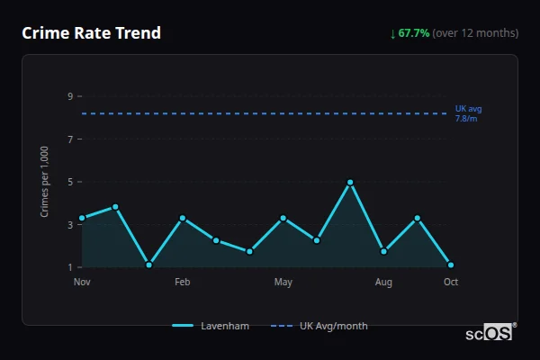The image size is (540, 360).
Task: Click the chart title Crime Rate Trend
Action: pos(91,33)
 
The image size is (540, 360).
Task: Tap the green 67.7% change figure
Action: pos(415,33)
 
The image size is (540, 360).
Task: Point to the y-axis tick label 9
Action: pos(69,96)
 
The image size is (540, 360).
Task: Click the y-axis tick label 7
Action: pos(69,139)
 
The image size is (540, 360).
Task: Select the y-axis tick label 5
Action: pos(69,182)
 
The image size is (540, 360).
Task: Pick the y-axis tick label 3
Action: pos(69,225)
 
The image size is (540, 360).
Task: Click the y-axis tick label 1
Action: pos(69,267)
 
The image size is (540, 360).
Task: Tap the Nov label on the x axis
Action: pos(82,283)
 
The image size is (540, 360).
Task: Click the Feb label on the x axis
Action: pos(183,283)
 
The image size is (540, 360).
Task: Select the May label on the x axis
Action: pos(283,283)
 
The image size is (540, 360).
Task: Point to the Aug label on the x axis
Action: pos(383,283)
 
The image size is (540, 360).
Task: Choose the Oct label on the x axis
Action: pos(451,283)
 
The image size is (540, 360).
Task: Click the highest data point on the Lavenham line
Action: pos(350,183)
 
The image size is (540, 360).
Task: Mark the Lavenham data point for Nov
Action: pos(82,218)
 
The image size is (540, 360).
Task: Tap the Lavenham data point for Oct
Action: pos(451,265)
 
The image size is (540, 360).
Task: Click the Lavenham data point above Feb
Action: pos(183,218)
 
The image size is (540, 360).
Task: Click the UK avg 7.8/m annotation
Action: pos(468,113)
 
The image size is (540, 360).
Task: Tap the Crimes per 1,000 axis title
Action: pos(45,183)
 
